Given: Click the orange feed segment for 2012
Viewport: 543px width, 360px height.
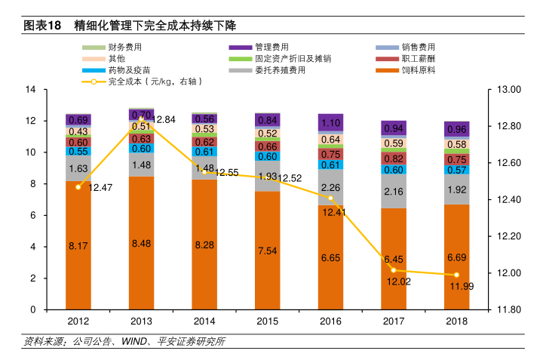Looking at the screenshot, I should [78, 245].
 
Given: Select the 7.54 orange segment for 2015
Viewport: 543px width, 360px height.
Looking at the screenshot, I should [267, 251].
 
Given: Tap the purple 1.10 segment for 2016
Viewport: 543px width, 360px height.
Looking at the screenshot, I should [330, 123].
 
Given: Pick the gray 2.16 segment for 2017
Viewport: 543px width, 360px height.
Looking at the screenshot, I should [394, 192].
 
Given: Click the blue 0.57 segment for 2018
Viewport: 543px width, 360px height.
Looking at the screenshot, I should [456, 170].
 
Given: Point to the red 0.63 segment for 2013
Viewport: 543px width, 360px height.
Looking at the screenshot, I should [141, 139].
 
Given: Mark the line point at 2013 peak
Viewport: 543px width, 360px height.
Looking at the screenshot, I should [141, 119].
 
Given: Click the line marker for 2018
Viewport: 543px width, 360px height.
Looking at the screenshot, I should [456, 275].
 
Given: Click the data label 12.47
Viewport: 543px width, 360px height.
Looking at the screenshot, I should [100, 187].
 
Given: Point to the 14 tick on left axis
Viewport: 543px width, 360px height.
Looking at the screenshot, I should [31, 90].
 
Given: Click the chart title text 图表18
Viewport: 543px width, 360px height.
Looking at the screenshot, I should [42, 26].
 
